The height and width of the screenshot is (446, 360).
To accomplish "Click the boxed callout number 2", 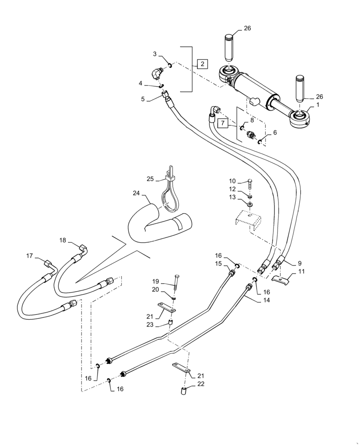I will (202, 64).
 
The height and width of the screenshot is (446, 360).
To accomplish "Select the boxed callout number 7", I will (223, 121).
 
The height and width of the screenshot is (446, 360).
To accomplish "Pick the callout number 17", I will (29, 256).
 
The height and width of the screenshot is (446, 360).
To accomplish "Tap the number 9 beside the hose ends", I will (286, 263).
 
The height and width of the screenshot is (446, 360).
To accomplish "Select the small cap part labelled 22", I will (183, 392).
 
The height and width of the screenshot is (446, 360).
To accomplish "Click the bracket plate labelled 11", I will (281, 280).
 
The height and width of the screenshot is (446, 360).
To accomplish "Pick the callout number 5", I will (142, 99).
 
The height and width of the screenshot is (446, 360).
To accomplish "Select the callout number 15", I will (218, 264).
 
